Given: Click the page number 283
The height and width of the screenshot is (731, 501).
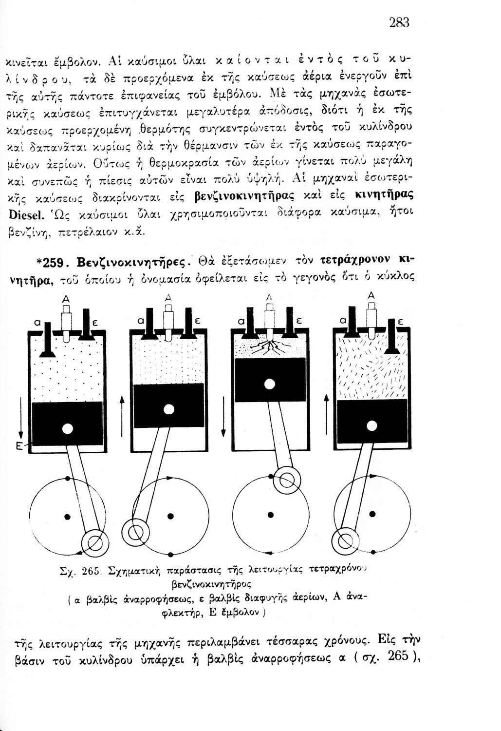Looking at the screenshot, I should click(399, 22).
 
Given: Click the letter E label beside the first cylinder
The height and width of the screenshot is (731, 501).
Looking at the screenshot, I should click(19, 446).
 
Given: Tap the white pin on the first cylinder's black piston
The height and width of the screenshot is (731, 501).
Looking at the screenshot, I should click(67, 429).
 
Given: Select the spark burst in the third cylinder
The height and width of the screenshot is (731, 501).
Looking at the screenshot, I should click(269, 349).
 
